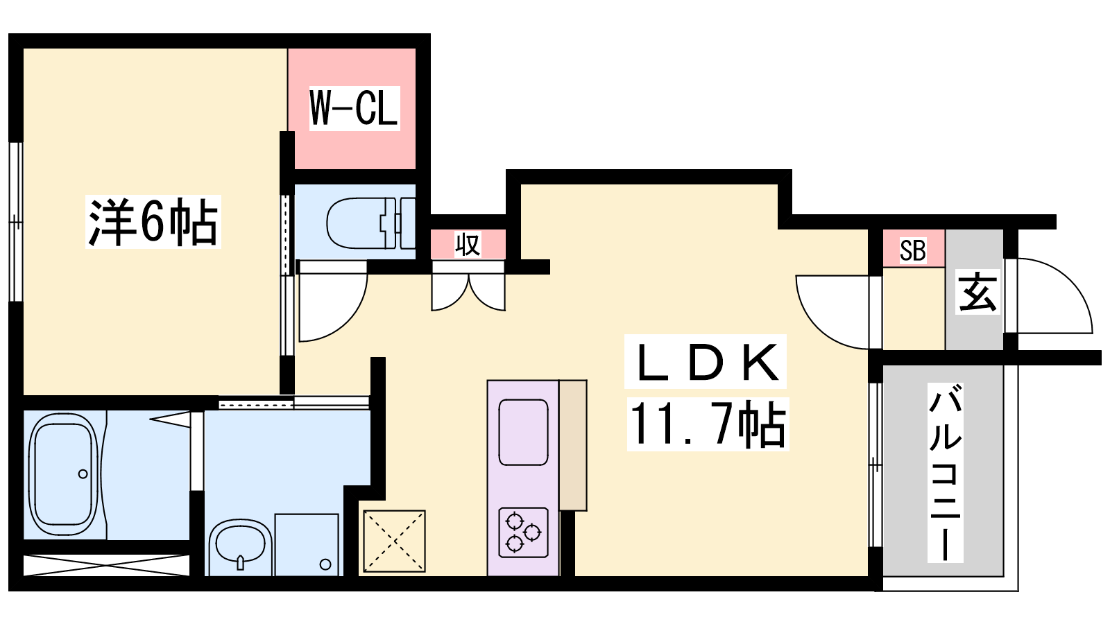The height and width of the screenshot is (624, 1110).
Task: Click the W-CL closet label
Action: (x=355, y=108)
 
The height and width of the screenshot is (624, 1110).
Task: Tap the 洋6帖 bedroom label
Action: (x=153, y=222)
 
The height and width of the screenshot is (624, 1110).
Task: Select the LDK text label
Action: (x=706, y=362)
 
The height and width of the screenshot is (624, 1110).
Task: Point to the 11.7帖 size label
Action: (x=708, y=424)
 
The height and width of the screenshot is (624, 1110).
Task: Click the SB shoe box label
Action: (x=912, y=250)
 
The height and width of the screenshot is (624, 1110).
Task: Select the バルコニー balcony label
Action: (x=946, y=473)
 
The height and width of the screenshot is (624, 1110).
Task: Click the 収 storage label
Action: (x=468, y=244)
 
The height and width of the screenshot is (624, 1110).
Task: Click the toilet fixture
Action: (x=371, y=223)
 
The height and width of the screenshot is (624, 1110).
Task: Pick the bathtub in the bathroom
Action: (x=63, y=474)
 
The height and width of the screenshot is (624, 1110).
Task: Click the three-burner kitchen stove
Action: (x=523, y=533)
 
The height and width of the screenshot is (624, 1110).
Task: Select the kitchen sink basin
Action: (x=523, y=433)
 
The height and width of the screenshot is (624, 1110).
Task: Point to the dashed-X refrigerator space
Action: (x=395, y=541)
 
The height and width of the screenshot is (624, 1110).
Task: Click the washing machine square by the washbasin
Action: (x=307, y=545)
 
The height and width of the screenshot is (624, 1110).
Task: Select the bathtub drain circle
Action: (x=83, y=474)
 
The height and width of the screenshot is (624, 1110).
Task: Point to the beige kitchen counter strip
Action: (x=573, y=445)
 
